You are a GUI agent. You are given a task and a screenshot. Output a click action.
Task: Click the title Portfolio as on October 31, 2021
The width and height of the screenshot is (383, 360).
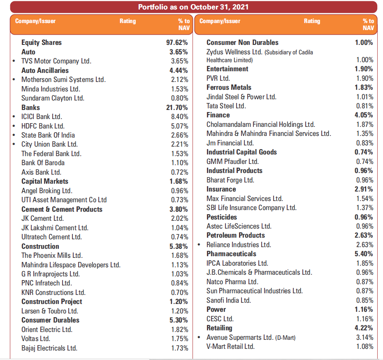[x=193, y=7]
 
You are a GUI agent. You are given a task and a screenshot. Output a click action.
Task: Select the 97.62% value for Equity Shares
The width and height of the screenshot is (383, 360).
[x=177, y=42]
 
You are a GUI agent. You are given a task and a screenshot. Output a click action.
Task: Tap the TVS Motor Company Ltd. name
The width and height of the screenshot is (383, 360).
[x=56, y=61]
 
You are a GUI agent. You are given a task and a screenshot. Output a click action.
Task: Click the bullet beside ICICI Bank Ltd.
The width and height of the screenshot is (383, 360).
[x=14, y=117]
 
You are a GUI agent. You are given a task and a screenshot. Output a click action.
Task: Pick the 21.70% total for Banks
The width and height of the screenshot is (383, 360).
[x=177, y=108]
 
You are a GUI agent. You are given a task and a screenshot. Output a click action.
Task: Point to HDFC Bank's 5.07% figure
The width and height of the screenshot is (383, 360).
[x=179, y=126]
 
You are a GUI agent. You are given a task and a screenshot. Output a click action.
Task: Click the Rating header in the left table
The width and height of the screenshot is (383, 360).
[x=128, y=21]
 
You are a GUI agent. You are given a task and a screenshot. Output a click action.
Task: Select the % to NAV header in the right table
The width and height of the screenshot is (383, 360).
[x=368, y=24]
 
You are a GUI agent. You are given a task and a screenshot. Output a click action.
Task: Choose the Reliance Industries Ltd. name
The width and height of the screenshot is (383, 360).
[x=239, y=245]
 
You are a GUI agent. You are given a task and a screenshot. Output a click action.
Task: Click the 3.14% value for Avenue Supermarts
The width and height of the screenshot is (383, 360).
[x=364, y=337]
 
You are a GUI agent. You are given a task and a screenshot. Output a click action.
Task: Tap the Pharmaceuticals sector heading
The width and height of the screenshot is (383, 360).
[x=231, y=254]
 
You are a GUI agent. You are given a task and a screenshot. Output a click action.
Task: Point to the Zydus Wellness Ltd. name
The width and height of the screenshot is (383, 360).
[x=234, y=52]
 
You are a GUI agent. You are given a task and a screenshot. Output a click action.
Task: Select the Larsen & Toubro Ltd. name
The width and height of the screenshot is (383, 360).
[x=50, y=311]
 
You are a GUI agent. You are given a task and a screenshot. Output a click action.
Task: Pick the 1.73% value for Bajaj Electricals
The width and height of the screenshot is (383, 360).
[x=179, y=348]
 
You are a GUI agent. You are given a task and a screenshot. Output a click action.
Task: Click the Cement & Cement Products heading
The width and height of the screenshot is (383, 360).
[x=62, y=209]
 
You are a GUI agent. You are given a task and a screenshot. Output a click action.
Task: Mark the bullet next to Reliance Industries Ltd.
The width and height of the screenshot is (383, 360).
[x=199, y=245]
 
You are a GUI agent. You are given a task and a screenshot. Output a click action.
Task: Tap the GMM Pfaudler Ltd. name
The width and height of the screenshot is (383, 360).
[x=232, y=161]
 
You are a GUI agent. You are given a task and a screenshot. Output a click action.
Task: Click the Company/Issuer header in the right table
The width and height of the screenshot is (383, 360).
[x=220, y=21]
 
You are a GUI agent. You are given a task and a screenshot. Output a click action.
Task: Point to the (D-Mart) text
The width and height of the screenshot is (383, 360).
[x=286, y=338]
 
